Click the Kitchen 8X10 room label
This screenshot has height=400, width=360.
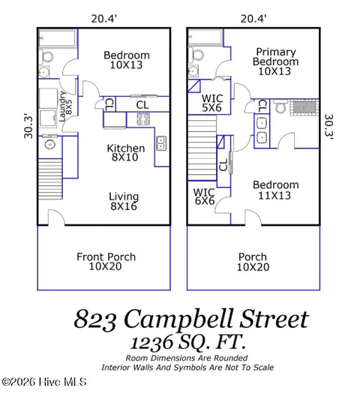pyautogui.click(x=126, y=153)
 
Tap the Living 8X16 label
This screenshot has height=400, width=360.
pyautogui.click(x=126, y=202)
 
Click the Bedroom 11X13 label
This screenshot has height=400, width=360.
pyautogui.click(x=275, y=191)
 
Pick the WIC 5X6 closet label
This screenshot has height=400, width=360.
pyautogui.click(x=213, y=103)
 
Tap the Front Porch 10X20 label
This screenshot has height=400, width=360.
pyautogui.click(x=106, y=262)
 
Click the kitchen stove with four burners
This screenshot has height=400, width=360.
pyautogui.click(x=143, y=119)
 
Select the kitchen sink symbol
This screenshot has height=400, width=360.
pyautogui.click(x=160, y=143)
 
